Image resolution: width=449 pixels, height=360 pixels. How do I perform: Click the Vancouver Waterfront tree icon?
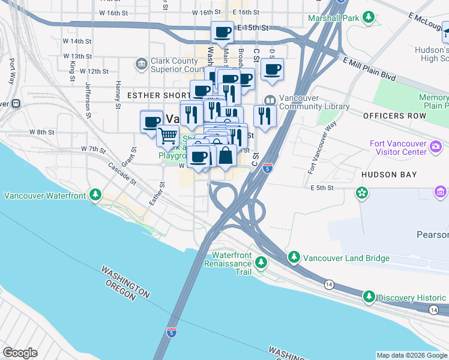coord(95,195)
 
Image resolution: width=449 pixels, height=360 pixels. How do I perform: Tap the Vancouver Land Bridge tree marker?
coord(294,258)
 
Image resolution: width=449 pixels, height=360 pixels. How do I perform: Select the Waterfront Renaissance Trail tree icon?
coord(261,263)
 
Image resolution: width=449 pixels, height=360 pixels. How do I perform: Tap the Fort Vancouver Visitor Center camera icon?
coord(436,146)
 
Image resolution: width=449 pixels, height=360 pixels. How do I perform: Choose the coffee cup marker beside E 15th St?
coord(222,32)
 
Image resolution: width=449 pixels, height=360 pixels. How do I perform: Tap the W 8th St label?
coord(43,132)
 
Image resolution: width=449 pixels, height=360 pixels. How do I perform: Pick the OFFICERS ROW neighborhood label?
coord(390,115)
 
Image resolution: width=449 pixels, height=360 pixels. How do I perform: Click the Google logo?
coord(20,353)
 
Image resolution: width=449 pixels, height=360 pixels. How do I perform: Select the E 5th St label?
coord(322,188)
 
